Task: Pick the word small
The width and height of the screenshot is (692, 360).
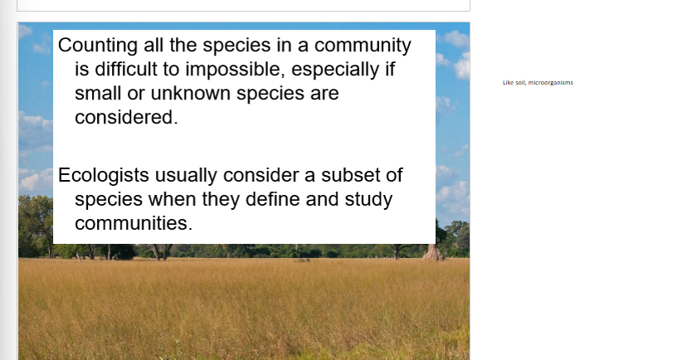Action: [x=98, y=93]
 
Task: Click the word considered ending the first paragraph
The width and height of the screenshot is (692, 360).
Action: [x=126, y=117]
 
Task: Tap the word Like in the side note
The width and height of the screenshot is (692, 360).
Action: [x=508, y=82]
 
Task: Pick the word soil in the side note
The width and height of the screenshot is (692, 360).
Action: [x=520, y=82]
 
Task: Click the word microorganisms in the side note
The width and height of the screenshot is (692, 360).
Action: [x=550, y=82]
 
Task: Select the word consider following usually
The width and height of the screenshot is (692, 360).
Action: [x=267, y=176]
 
